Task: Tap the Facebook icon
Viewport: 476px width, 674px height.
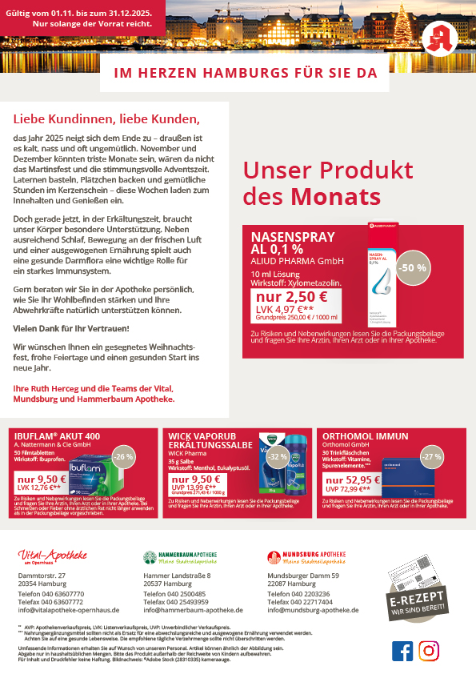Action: pos(402,651)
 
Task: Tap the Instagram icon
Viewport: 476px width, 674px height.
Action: pos(429,651)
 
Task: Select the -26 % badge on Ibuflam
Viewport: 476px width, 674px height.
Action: pos(124,456)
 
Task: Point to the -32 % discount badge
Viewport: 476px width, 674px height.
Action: pos(278,456)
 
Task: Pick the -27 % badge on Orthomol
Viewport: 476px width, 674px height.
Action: pos(432,456)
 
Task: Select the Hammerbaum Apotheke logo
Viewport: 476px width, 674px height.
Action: pos(180,557)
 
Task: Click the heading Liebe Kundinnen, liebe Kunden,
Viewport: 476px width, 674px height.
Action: pos(106,119)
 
